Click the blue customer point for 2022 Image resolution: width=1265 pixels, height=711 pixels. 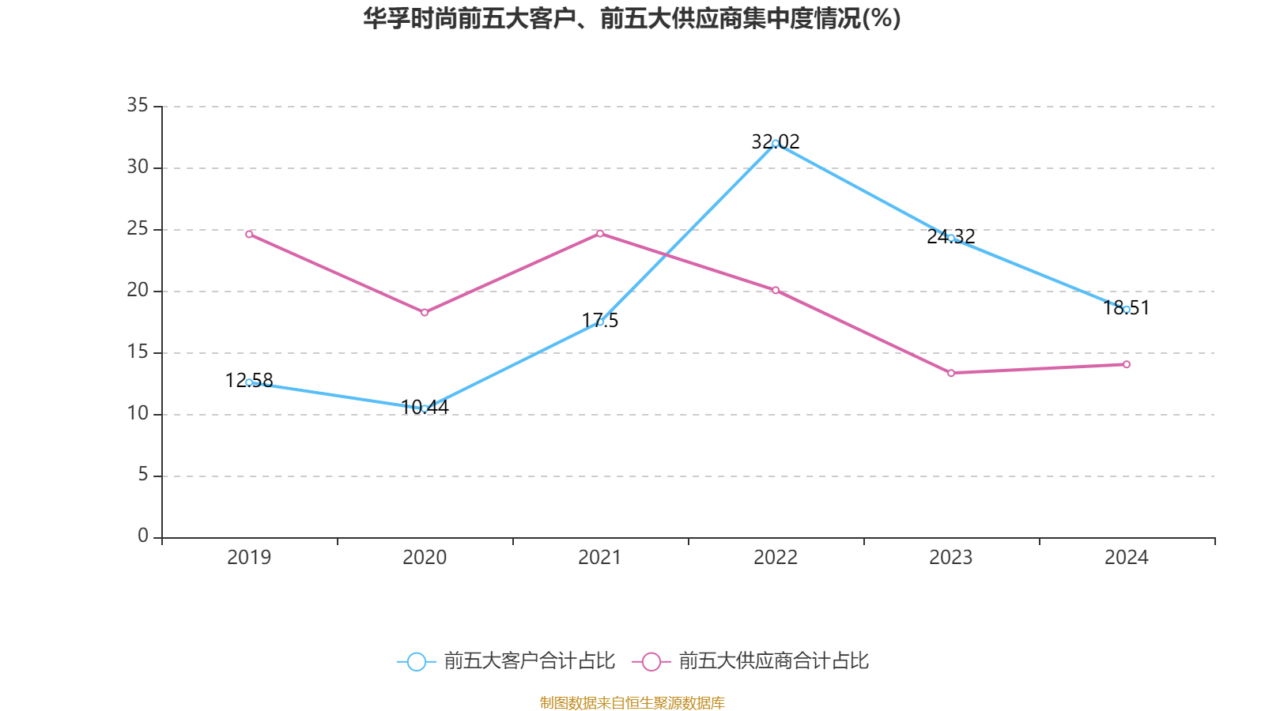pyautogui.click(x=776, y=143)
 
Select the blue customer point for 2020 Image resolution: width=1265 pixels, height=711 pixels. pyautogui.click(x=425, y=408)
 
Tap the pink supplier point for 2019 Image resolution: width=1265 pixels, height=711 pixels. pyautogui.click(x=249, y=234)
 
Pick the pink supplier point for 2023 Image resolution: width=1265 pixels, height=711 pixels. pyautogui.click(x=951, y=373)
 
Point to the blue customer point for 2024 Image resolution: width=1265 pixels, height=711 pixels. pyautogui.click(x=1127, y=309)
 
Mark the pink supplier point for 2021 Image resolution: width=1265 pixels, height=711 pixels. pyautogui.click(x=600, y=233)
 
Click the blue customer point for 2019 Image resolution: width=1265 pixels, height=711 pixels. pyautogui.click(x=249, y=382)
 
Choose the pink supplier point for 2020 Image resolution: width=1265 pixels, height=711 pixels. pyautogui.click(x=425, y=313)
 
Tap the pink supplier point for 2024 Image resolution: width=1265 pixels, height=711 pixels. pyautogui.click(x=1127, y=364)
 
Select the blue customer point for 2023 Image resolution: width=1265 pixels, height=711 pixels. pyautogui.click(x=951, y=237)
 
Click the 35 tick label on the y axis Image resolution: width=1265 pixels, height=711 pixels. pyautogui.click(x=138, y=105)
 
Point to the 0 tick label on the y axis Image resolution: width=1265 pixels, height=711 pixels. pyautogui.click(x=143, y=536)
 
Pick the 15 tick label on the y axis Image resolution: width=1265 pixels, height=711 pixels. pyautogui.click(x=138, y=352)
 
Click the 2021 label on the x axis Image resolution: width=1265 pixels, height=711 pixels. pyautogui.click(x=600, y=558)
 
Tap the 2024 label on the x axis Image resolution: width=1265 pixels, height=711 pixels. pyautogui.click(x=1127, y=558)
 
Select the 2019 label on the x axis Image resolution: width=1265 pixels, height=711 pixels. pyautogui.click(x=249, y=558)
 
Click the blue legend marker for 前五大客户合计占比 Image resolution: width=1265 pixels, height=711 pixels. pyautogui.click(x=416, y=661)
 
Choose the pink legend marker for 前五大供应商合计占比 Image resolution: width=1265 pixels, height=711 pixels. pyautogui.click(x=651, y=661)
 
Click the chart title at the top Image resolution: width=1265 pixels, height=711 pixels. pyautogui.click(x=632, y=19)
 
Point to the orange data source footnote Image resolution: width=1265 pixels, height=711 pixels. pyautogui.click(x=632, y=702)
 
